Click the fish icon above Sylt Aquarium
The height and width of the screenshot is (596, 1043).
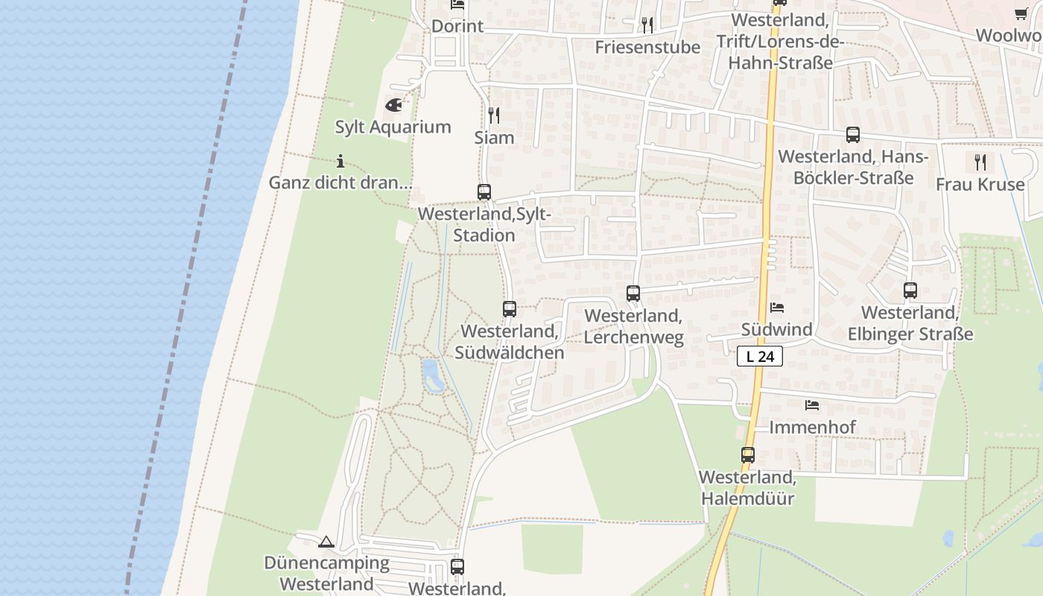393,105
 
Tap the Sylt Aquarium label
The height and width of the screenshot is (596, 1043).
393,127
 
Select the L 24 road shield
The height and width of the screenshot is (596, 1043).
760,357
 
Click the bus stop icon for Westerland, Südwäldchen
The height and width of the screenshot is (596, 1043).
510,308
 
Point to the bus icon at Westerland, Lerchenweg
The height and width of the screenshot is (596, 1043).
633,294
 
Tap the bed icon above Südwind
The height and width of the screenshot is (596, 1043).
777,307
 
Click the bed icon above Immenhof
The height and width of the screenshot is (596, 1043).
812,405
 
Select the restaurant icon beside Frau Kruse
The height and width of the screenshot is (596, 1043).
980,162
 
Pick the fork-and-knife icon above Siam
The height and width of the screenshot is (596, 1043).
493,115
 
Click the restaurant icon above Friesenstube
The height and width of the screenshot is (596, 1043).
647,25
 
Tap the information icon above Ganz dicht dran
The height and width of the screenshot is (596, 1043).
340,161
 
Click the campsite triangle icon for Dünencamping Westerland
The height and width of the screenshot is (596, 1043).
326,542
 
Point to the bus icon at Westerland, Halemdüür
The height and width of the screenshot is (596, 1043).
748,454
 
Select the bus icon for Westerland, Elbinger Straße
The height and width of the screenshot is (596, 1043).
910,291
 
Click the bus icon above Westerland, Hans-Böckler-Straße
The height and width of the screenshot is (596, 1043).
853,135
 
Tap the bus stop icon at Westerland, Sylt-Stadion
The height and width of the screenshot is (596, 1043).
484,192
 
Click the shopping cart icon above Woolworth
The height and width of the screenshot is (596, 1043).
1021,13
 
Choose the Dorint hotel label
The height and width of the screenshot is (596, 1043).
457,26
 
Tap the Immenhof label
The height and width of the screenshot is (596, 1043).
812,427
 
